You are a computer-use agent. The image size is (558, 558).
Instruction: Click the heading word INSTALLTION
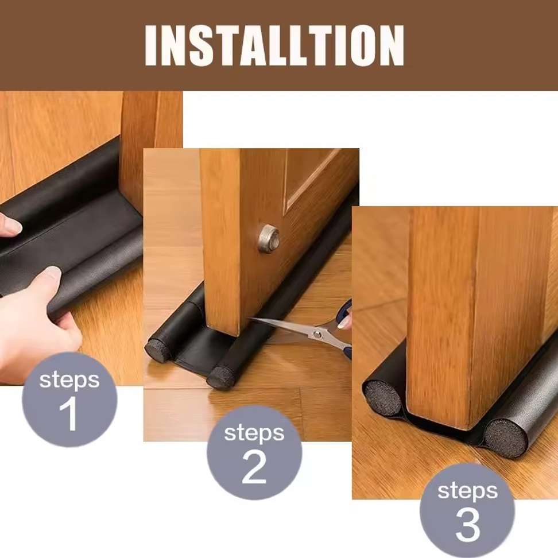click(274, 45)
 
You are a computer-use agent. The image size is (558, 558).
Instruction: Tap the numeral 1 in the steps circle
click(69, 415)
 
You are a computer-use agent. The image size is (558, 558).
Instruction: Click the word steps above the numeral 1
click(69, 380)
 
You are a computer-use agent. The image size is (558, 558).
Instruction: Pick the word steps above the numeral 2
click(254, 433)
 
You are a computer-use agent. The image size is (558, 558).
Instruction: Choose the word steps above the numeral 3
click(468, 491)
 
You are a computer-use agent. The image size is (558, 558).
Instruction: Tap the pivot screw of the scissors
click(317, 334)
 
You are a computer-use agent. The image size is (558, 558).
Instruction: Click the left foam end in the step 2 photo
click(158, 350)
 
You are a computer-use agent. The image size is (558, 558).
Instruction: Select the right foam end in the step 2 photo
click(220, 378)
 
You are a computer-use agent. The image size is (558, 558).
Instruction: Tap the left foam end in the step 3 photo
click(383, 399)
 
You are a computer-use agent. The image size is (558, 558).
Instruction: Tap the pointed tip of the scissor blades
click(249, 319)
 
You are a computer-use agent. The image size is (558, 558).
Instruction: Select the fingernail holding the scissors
click(344, 323)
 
